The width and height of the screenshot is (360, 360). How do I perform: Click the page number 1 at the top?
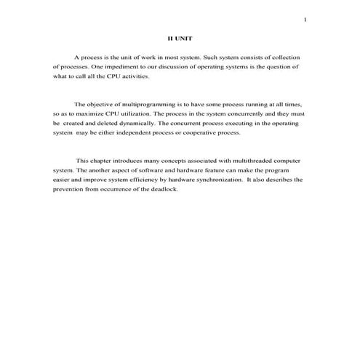(x=305, y=20)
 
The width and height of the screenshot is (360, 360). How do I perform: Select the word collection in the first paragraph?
(x=287, y=57)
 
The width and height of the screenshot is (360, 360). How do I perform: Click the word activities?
(x=135, y=76)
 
